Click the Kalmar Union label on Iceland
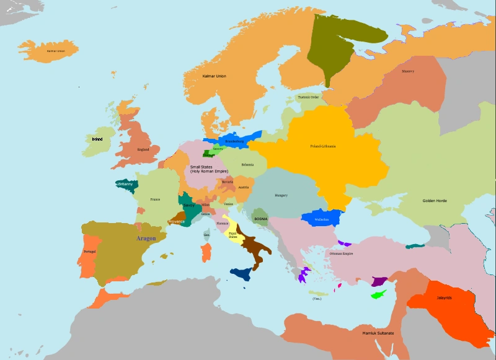[56, 51]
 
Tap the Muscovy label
[407, 71]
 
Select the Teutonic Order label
[308, 97]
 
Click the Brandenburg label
[234, 141]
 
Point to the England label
[143, 149]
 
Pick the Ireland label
[97, 139]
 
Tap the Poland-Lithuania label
[323, 146]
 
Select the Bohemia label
[247, 164]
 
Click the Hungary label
[281, 195]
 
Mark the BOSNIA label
[260, 218]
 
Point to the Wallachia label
[321, 219]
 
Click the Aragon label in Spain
[146, 238]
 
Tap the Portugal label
[90, 252]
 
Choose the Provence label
[176, 222]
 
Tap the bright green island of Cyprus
[378, 294]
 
